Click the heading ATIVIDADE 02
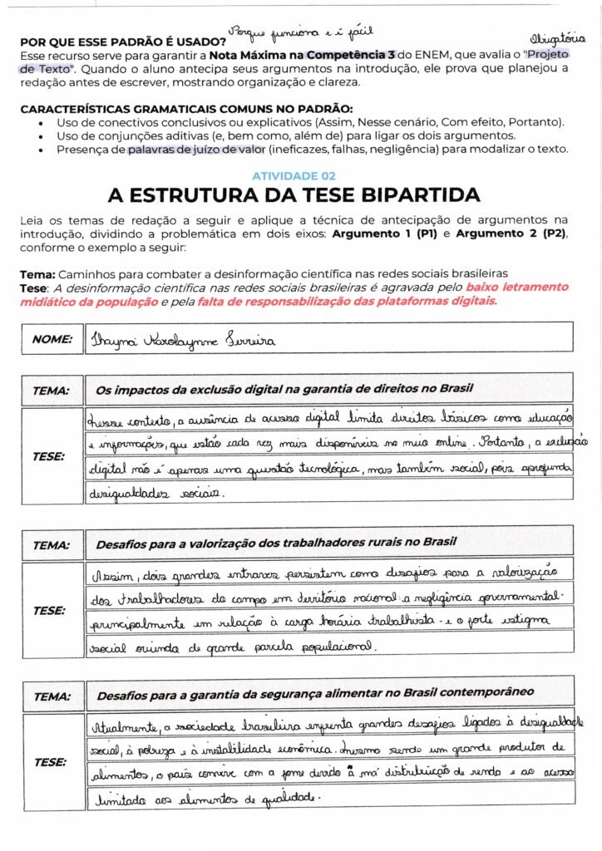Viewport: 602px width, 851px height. [294, 176]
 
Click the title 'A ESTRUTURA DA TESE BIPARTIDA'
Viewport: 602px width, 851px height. [294, 195]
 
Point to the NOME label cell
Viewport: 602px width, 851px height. [52, 339]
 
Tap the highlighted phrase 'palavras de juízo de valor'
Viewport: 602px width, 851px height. [196, 150]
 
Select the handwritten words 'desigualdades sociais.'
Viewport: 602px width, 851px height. [155, 492]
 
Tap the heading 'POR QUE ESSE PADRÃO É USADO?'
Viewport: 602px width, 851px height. [123, 41]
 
